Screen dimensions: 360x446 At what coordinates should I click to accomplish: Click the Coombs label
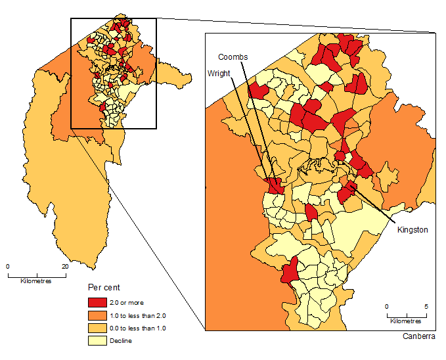(233, 58)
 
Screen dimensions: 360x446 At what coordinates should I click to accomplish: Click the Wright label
(219, 74)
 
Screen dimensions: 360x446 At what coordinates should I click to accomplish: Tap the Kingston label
(413, 230)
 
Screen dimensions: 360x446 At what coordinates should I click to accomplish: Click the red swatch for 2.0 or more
(97, 302)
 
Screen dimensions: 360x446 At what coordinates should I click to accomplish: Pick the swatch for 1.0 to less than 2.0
(97, 315)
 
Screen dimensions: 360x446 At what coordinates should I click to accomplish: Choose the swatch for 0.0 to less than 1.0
(97, 328)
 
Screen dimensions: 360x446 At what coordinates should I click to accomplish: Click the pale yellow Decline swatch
(97, 341)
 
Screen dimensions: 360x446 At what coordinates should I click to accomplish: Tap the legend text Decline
(122, 341)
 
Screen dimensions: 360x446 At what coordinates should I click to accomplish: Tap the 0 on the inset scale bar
(386, 307)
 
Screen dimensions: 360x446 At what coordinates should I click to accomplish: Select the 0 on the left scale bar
(8, 266)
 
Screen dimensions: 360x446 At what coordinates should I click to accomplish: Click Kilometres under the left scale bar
(36, 281)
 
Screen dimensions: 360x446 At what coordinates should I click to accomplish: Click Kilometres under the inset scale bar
(405, 321)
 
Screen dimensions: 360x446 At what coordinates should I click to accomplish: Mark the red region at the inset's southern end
(289, 269)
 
